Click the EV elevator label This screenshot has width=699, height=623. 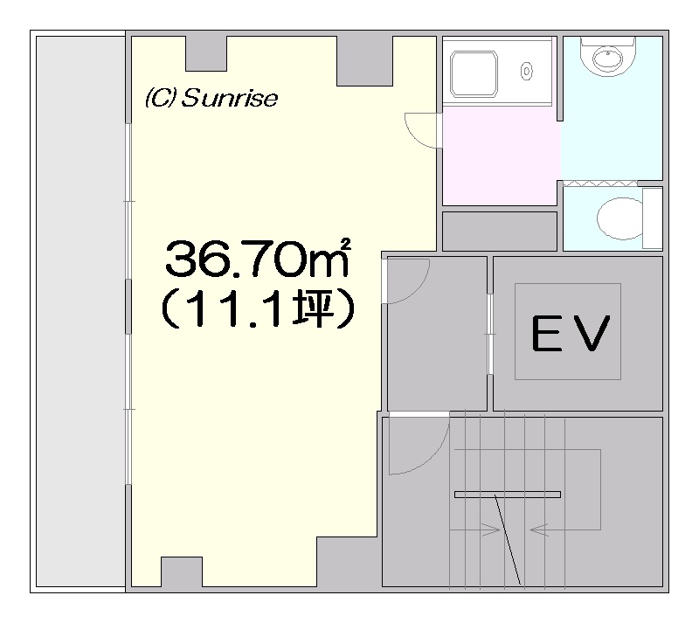coord(570,333)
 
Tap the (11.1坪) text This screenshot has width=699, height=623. coord(258,308)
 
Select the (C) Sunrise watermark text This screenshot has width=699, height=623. coord(211,98)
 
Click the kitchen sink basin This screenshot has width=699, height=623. coord(474,74)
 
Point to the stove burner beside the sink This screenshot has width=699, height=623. coord(527,71)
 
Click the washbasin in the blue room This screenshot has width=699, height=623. coord(607,57)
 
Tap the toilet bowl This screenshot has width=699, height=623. coord(619,218)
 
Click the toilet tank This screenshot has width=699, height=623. coord(653,218)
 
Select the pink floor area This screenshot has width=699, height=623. coord(501,156)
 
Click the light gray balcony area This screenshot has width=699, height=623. coord(80,311)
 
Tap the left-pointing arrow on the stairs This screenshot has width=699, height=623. coord(539,530)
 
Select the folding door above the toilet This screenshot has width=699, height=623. coord(600,183)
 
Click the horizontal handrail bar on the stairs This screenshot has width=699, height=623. coord(508,495)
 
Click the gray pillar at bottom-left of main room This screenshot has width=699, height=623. coord(182,571)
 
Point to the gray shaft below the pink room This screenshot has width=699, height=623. coord(500,232)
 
